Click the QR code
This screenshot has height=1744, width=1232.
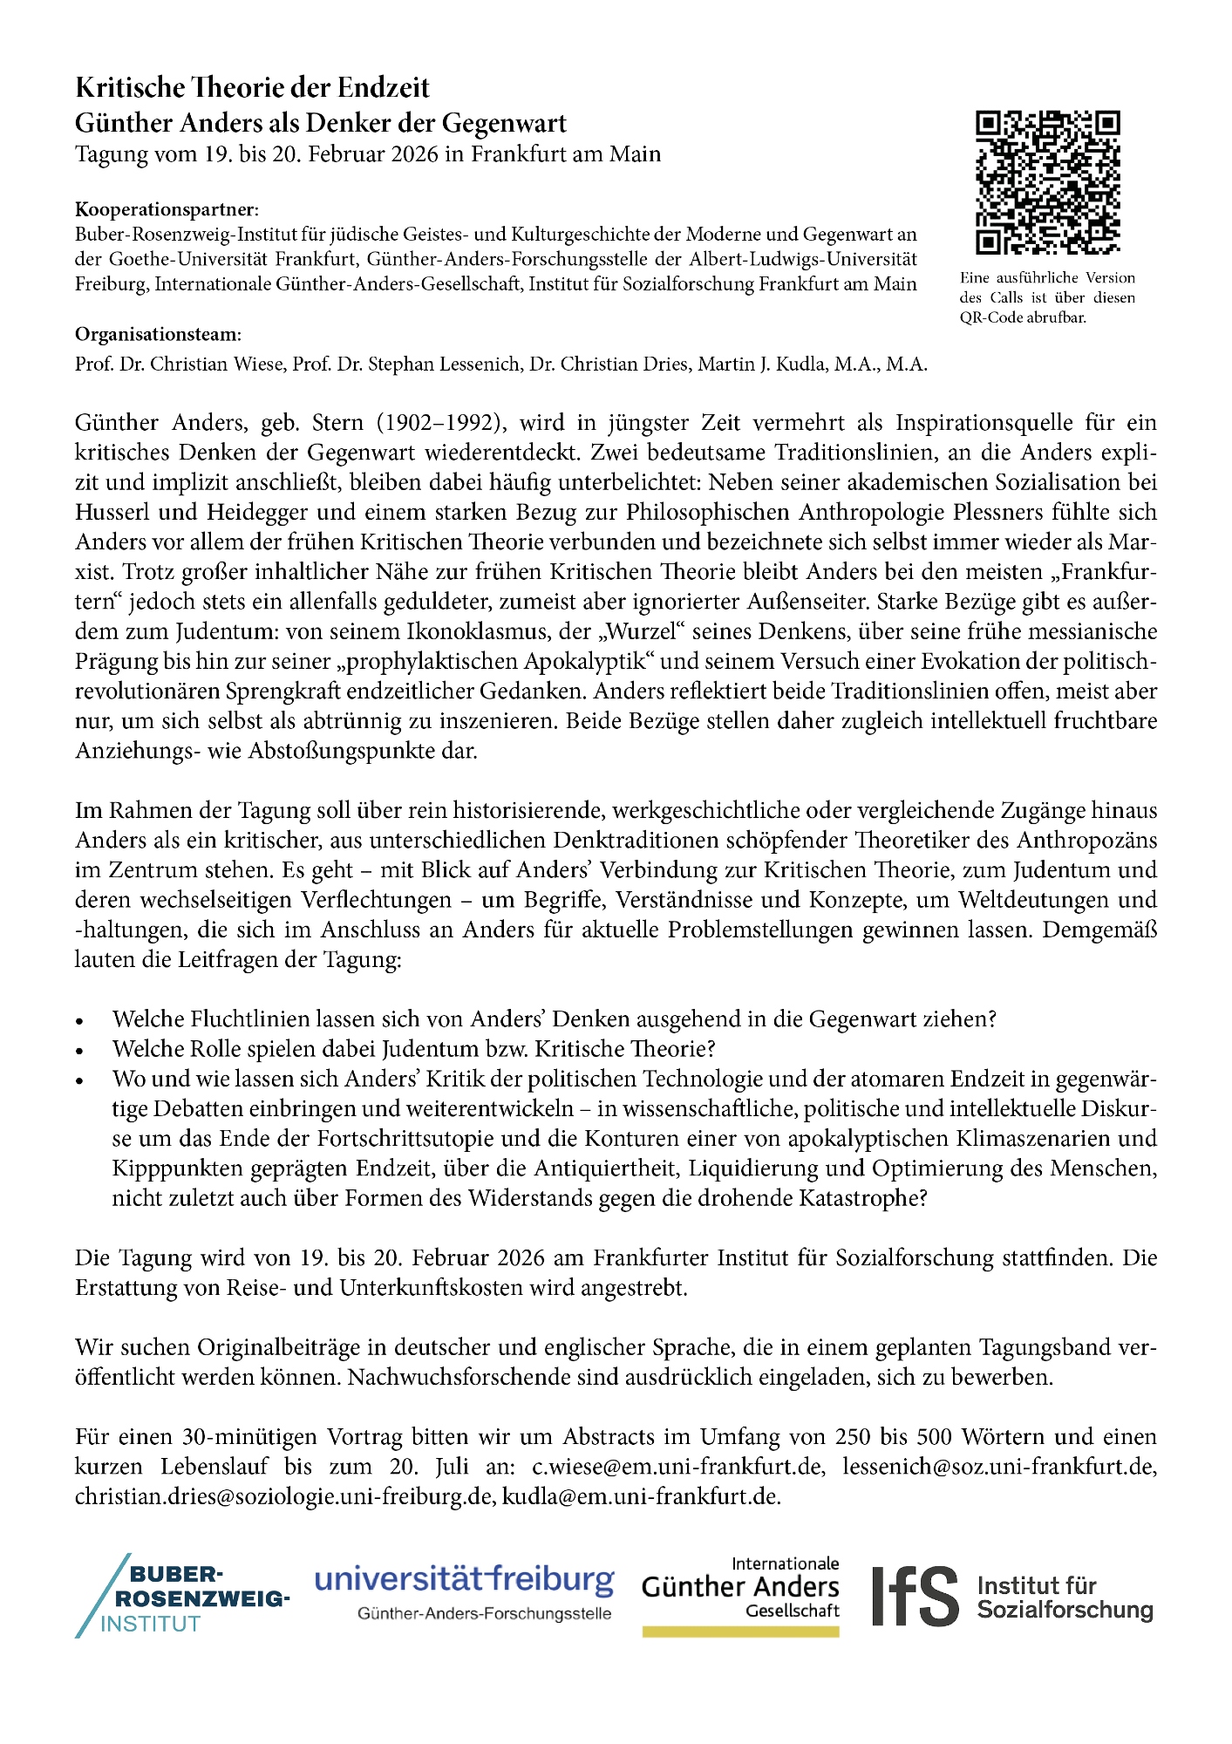[1047, 182]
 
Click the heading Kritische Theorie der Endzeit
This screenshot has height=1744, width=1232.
[252, 87]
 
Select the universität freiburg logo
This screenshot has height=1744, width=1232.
[465, 1590]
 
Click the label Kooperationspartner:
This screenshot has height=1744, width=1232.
[167, 209]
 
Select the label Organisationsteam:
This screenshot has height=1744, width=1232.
[158, 335]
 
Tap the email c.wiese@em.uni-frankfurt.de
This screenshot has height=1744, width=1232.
[677, 1467]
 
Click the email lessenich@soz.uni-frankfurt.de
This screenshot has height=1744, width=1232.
[999, 1467]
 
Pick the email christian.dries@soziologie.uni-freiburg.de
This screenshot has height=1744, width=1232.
[283, 1496]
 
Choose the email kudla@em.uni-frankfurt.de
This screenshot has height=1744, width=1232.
[641, 1496]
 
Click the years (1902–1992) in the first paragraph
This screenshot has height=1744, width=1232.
[441, 423]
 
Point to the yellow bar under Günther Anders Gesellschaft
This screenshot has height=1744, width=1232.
[740, 1632]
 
